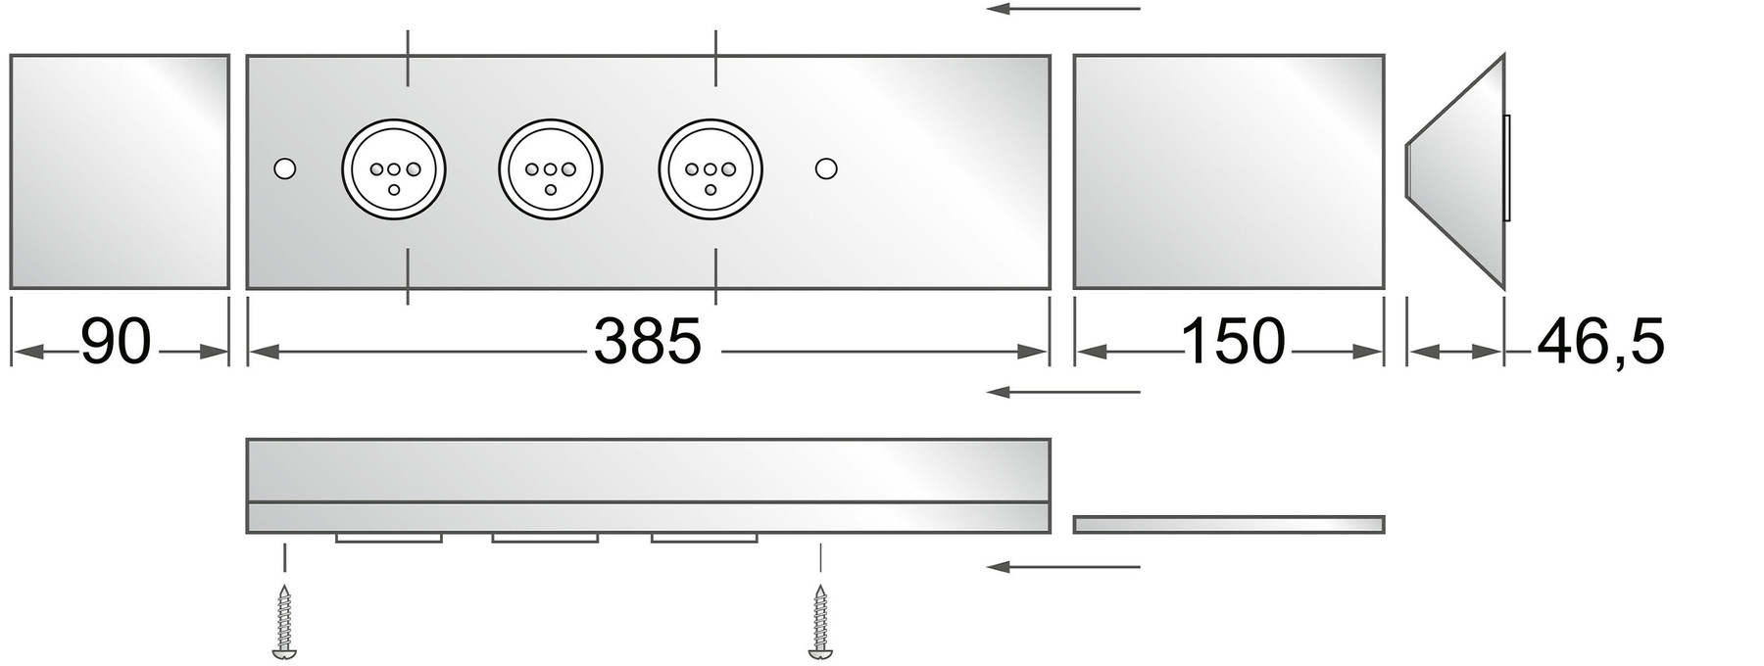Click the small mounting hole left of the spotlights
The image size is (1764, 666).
[x=285, y=168]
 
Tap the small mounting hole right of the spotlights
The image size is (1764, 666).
[x=826, y=168]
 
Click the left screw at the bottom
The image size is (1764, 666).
[x=285, y=621]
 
